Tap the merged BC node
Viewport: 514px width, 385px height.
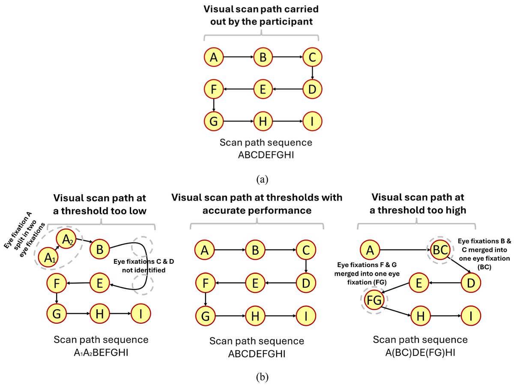coord(440,250)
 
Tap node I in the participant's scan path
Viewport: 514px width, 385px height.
coord(312,121)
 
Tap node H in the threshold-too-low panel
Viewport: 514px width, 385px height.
coord(99,314)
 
